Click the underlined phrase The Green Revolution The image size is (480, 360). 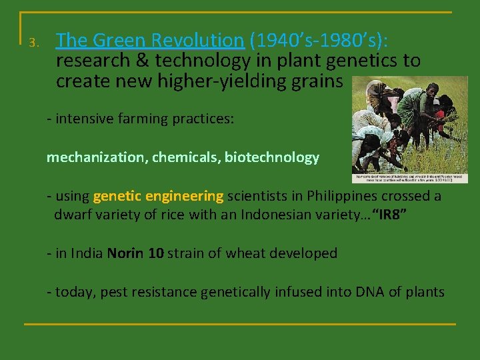pos(150,41)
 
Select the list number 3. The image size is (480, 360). pos(35,43)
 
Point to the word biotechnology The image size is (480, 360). pos(272,158)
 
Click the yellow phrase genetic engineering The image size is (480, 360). pos(159,196)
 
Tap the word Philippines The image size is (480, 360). pos(313,196)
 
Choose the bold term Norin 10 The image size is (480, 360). pos(135,253)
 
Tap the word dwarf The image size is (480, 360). pos(73,215)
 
